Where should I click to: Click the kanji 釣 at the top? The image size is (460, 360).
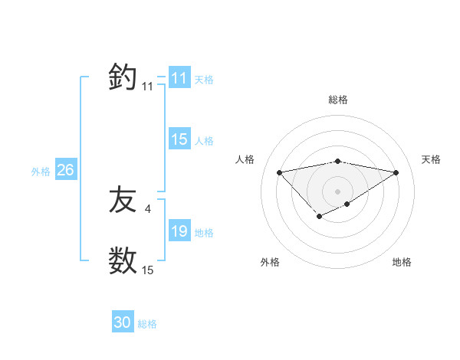(x=123, y=78)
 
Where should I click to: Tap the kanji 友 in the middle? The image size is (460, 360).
(x=123, y=201)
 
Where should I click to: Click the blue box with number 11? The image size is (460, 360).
(x=179, y=78)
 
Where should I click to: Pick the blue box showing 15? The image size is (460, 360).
(x=179, y=139)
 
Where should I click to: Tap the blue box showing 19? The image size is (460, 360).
(x=179, y=231)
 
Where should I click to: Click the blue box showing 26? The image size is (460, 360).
(x=65, y=170)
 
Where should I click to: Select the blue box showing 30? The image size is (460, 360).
(x=123, y=322)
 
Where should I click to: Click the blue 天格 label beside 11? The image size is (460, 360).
(x=204, y=79)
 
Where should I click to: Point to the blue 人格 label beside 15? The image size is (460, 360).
(x=204, y=140)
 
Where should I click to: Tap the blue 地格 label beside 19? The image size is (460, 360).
(x=204, y=232)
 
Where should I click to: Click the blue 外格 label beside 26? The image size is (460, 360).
(x=41, y=172)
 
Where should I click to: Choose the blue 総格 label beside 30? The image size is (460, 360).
(x=147, y=324)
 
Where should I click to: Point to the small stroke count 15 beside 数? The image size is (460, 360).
(x=147, y=270)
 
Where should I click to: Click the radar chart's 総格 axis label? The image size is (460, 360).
(x=337, y=100)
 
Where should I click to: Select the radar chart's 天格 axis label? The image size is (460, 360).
(x=431, y=159)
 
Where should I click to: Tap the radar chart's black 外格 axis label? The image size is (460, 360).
(x=270, y=262)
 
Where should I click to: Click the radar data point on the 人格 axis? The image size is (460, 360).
(x=279, y=172)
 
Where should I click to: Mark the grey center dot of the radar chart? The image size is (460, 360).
(x=337, y=191)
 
